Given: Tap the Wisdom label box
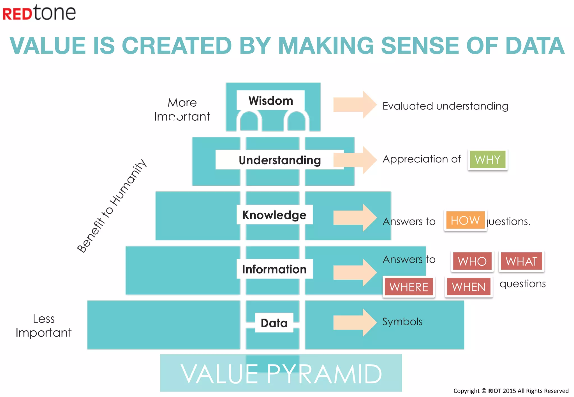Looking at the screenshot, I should coord(270,101).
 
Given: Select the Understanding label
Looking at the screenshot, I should coord(279,160).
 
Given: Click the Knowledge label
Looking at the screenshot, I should coord(274,215).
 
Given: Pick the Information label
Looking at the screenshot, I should coord(274,269).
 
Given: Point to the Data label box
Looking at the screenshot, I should coord(274,323).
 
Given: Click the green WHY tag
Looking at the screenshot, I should coord(487,160).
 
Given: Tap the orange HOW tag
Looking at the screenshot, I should coord(465,221).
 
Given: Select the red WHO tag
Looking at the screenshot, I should coord(472,261).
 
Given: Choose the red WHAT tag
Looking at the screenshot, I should coord(521,261).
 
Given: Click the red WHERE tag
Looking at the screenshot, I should coord(409,287).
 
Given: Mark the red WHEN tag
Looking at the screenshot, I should coord(469,287).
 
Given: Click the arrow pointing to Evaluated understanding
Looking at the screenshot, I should coord(355,105).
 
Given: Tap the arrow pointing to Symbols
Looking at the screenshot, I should coord(355,323).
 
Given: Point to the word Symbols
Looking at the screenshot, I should coord(402,322).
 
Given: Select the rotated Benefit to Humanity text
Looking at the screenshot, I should coord(112,206).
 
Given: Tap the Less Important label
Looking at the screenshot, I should coord(44,326).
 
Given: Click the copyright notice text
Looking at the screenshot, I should coord(511,391).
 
